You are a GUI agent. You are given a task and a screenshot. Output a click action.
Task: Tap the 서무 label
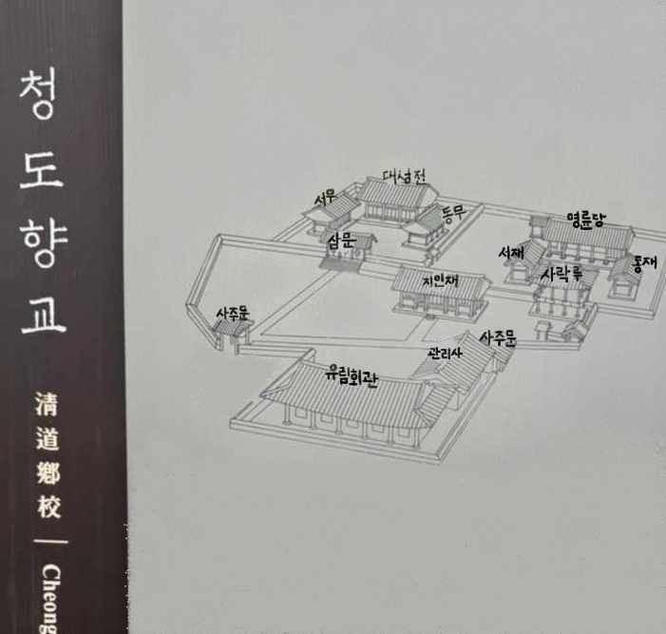click(x=326, y=199)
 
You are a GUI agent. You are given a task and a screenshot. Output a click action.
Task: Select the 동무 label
click(x=452, y=212)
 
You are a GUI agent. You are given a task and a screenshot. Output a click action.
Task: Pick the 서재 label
click(x=511, y=254)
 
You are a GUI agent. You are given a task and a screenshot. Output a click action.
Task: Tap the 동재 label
click(x=644, y=262)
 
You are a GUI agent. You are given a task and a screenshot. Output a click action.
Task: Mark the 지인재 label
click(x=440, y=282)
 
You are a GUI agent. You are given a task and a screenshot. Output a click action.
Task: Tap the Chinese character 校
click(x=48, y=508)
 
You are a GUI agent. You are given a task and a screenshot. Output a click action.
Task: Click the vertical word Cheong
click(x=49, y=595)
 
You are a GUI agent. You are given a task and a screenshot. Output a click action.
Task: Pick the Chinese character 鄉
click(x=48, y=474)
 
